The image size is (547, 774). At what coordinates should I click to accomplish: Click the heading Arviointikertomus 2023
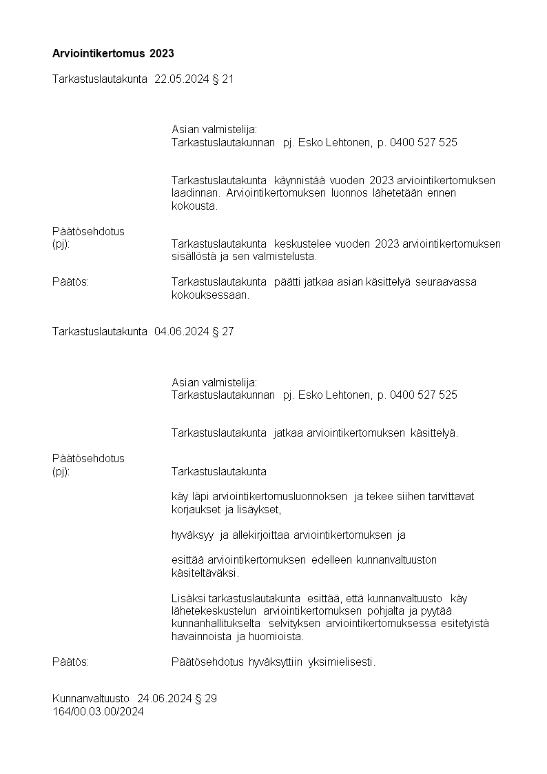click(x=113, y=53)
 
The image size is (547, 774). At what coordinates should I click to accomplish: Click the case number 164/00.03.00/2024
click(x=98, y=712)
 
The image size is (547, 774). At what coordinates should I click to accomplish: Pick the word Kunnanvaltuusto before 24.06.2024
click(x=90, y=699)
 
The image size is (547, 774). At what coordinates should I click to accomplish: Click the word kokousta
click(x=194, y=206)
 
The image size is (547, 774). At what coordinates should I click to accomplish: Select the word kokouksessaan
click(x=209, y=295)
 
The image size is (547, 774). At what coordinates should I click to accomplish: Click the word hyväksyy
click(x=192, y=535)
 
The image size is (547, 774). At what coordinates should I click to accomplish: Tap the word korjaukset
click(x=194, y=510)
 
